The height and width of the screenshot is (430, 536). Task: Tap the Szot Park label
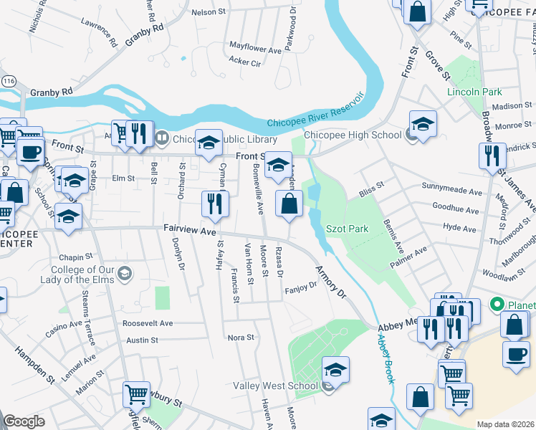point(347,229)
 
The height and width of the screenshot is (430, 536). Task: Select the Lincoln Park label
point(474,92)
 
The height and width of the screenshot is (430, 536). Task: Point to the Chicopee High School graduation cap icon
point(423,125)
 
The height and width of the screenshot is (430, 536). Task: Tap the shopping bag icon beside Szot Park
point(288,204)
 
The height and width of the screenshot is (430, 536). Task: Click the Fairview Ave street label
point(189,231)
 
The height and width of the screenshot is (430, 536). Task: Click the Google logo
point(24,422)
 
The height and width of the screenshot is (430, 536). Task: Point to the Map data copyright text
point(505,424)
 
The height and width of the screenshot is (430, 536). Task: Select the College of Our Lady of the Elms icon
point(125,273)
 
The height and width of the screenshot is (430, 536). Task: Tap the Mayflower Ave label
point(255,50)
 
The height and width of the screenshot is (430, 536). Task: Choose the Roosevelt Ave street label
point(148,323)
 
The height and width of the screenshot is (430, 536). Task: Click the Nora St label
point(240,338)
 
